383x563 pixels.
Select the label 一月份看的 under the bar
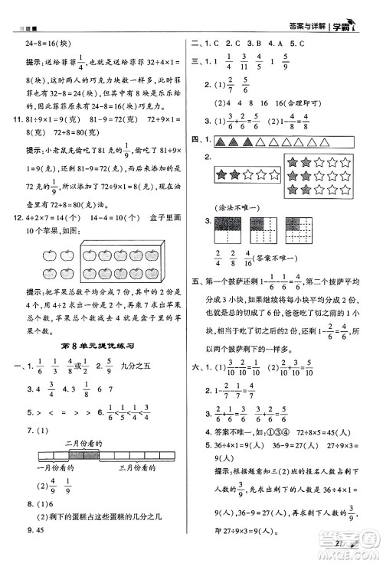click(57, 467)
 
